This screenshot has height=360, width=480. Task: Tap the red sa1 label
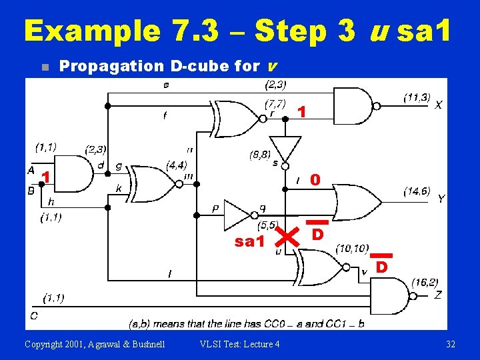(249, 241)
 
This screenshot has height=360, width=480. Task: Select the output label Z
(438, 295)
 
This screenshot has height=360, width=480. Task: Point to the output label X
(438, 105)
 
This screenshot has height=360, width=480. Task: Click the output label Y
(441, 199)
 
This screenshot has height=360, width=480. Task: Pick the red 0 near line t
(315, 180)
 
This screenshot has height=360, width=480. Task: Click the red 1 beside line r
(302, 112)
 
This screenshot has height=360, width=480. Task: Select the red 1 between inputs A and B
(46, 177)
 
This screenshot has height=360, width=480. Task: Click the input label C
(33, 315)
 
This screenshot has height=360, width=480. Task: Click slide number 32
(451, 344)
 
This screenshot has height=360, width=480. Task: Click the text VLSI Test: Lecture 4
(239, 344)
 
